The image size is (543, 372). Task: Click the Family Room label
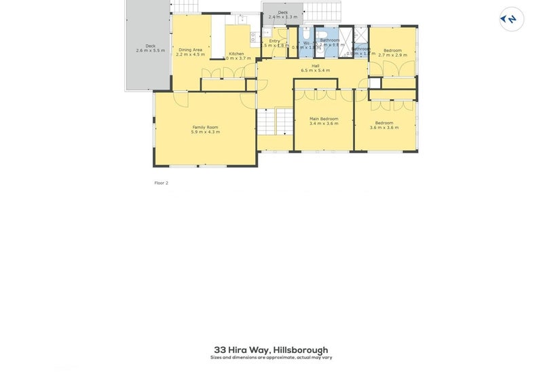[205, 127]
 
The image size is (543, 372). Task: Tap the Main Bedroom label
[323, 119]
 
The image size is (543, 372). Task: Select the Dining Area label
[190, 50]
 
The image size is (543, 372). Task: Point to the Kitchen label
[236, 54]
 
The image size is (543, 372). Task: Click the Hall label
[316, 66]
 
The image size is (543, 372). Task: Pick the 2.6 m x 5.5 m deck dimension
[150, 51]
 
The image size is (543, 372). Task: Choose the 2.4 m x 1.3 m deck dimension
[282, 17]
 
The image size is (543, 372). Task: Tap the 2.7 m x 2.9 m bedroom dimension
[392, 55]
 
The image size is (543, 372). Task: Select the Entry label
[274, 41]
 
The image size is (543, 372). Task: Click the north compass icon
[512, 19]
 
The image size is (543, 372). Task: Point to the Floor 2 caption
[162, 183]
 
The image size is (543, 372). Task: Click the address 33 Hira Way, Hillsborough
[271, 350]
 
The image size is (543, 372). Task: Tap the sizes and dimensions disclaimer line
[271, 358]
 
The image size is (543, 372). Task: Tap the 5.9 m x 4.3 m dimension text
[205, 132]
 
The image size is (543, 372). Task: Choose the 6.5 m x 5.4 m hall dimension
[316, 71]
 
